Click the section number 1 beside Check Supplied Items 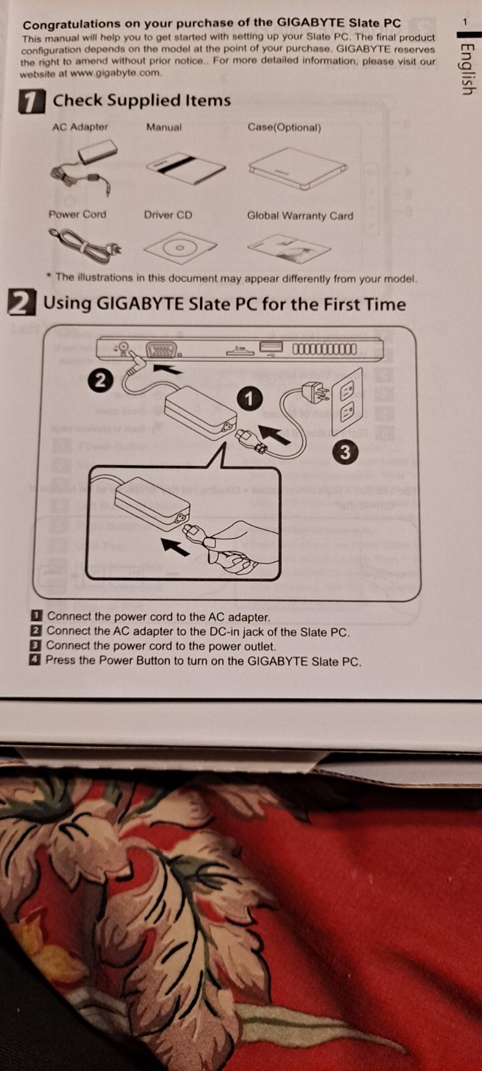[x=31, y=102]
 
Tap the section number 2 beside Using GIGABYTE [x=22, y=303]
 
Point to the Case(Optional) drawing [x=298, y=168]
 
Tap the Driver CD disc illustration [x=180, y=247]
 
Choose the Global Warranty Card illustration [x=289, y=248]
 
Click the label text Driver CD [x=168, y=215]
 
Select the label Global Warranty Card [x=300, y=216]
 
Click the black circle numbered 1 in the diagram [x=249, y=399]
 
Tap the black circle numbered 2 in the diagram [x=100, y=381]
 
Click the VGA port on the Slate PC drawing [x=162, y=351]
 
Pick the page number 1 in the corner [x=465, y=22]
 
